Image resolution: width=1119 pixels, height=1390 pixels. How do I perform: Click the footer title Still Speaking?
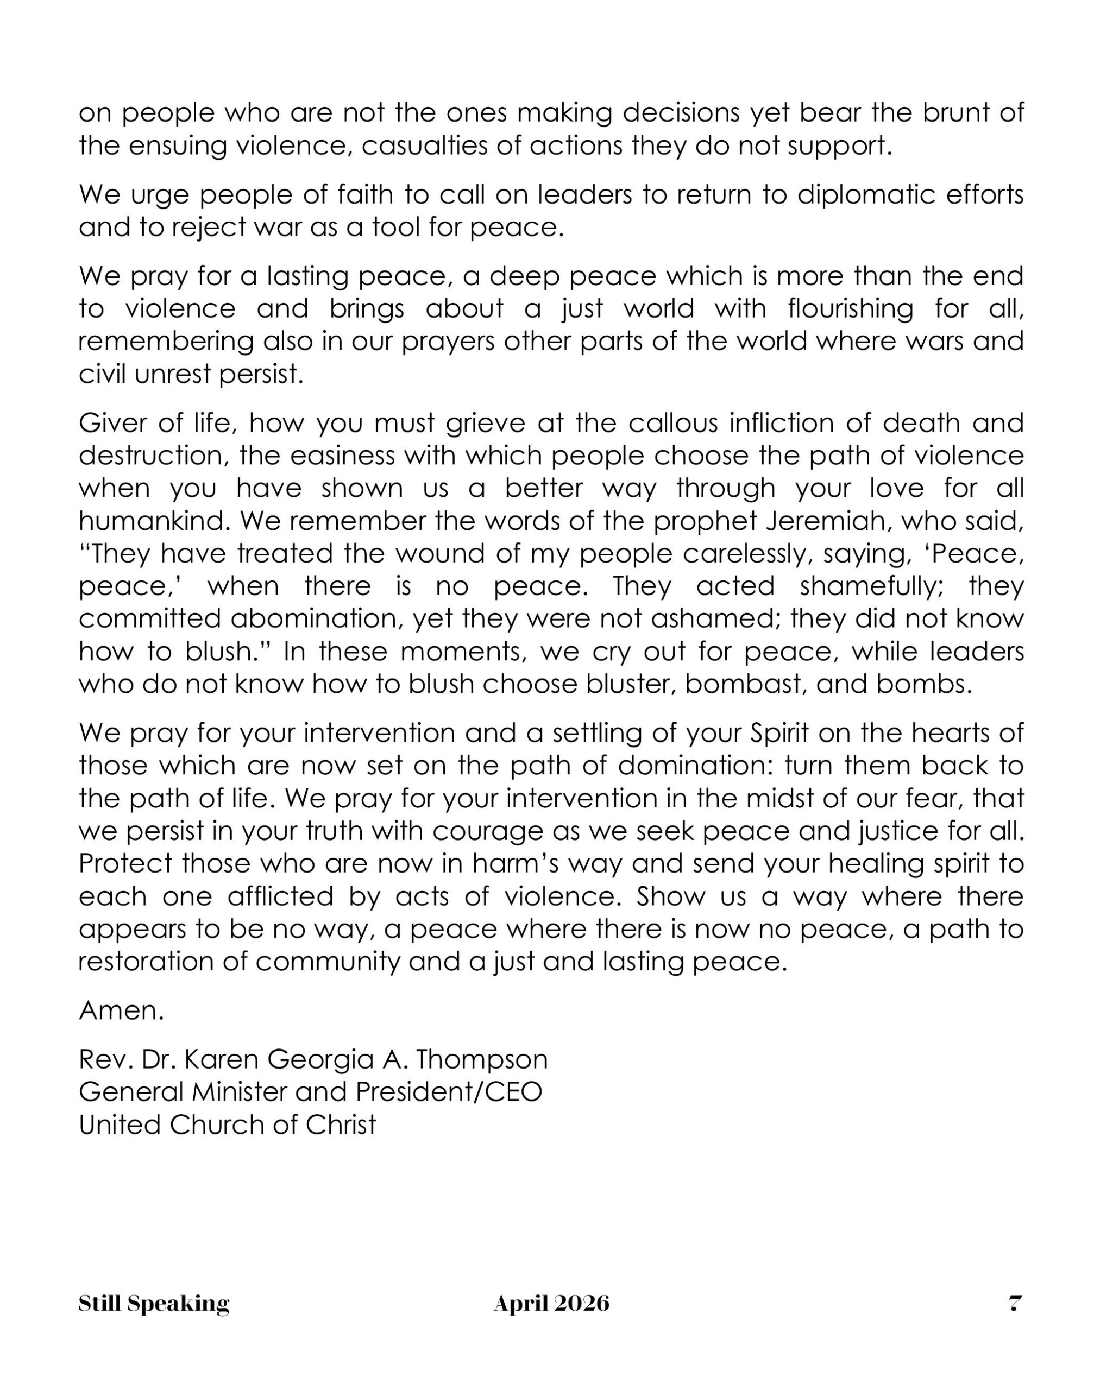pyautogui.click(x=154, y=1303)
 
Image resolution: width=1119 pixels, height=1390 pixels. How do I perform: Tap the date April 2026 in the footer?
pyautogui.click(x=551, y=1303)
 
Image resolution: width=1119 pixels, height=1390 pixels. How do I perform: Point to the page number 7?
pyautogui.click(x=1015, y=1303)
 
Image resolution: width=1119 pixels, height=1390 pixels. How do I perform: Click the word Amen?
pyautogui.click(x=121, y=1010)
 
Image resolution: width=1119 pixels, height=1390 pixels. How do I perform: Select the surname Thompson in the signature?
pyautogui.click(x=482, y=1059)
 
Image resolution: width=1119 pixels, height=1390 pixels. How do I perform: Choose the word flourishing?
pyautogui.click(x=850, y=309)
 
